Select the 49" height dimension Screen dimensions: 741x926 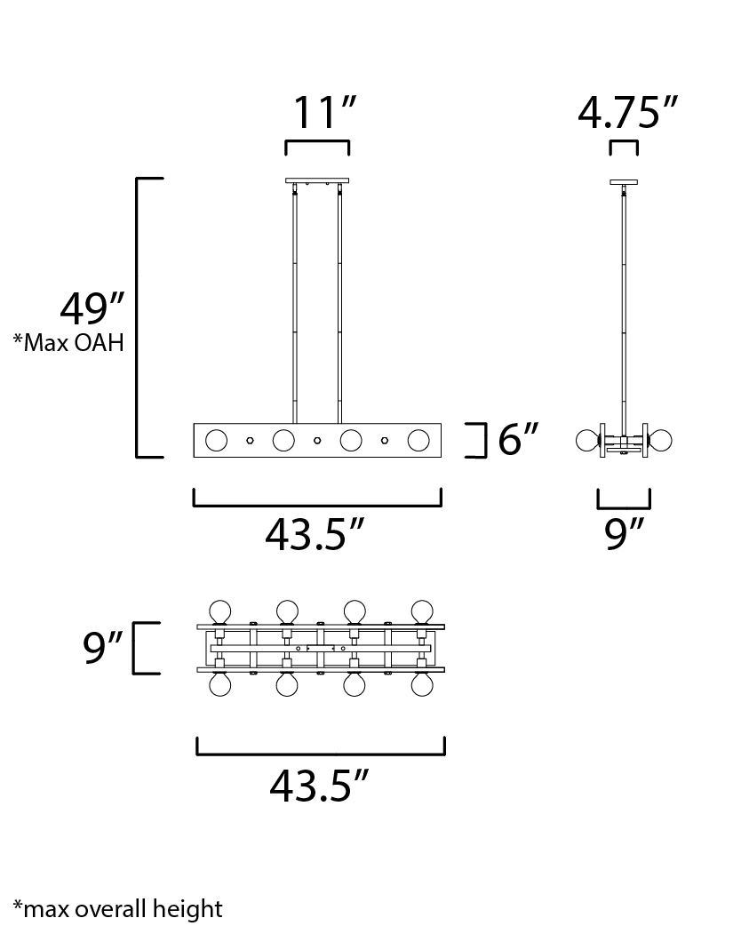92,308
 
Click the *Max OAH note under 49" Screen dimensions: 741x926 69,342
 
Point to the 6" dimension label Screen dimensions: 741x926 518,439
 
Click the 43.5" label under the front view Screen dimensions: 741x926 315,534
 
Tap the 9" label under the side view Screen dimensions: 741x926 623,534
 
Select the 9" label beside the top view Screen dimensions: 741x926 102,647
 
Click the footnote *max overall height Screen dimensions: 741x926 118,909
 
